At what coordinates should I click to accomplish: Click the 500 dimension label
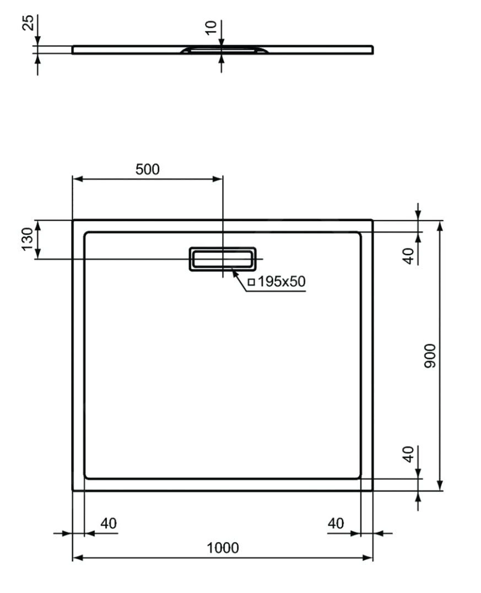click(x=148, y=169)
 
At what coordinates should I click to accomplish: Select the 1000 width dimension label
click(x=223, y=548)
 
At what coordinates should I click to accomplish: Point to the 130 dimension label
click(x=28, y=239)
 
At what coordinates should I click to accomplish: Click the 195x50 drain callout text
click(x=281, y=281)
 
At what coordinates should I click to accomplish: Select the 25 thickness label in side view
click(x=28, y=23)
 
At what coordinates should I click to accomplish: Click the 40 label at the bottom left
click(x=109, y=523)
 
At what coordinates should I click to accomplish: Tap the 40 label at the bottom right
click(x=336, y=523)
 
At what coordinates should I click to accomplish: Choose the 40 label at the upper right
click(x=408, y=255)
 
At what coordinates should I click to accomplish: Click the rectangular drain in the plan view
click(x=223, y=259)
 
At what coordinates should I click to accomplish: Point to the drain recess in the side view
click(x=224, y=50)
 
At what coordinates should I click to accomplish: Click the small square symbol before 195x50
click(x=251, y=282)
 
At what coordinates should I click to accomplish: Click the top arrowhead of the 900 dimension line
click(x=440, y=224)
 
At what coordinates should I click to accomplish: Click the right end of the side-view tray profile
click(x=372, y=50)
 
